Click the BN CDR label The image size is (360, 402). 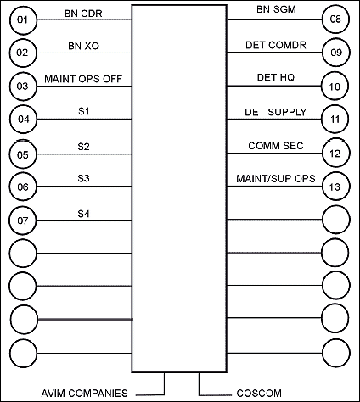point(83,14)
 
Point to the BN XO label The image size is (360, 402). point(83,46)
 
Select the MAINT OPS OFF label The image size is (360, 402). point(83,79)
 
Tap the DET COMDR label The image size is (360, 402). point(276,45)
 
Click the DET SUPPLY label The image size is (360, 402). point(276,112)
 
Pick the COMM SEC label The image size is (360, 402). point(276,146)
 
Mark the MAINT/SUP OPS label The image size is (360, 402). point(276,179)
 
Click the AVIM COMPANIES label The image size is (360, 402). point(85,394)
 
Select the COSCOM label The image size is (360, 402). point(259,394)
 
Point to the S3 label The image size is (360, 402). point(83,178)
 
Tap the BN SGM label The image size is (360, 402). point(276,9)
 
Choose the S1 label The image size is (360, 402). point(83,111)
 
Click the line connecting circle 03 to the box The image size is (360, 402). point(84,87)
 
